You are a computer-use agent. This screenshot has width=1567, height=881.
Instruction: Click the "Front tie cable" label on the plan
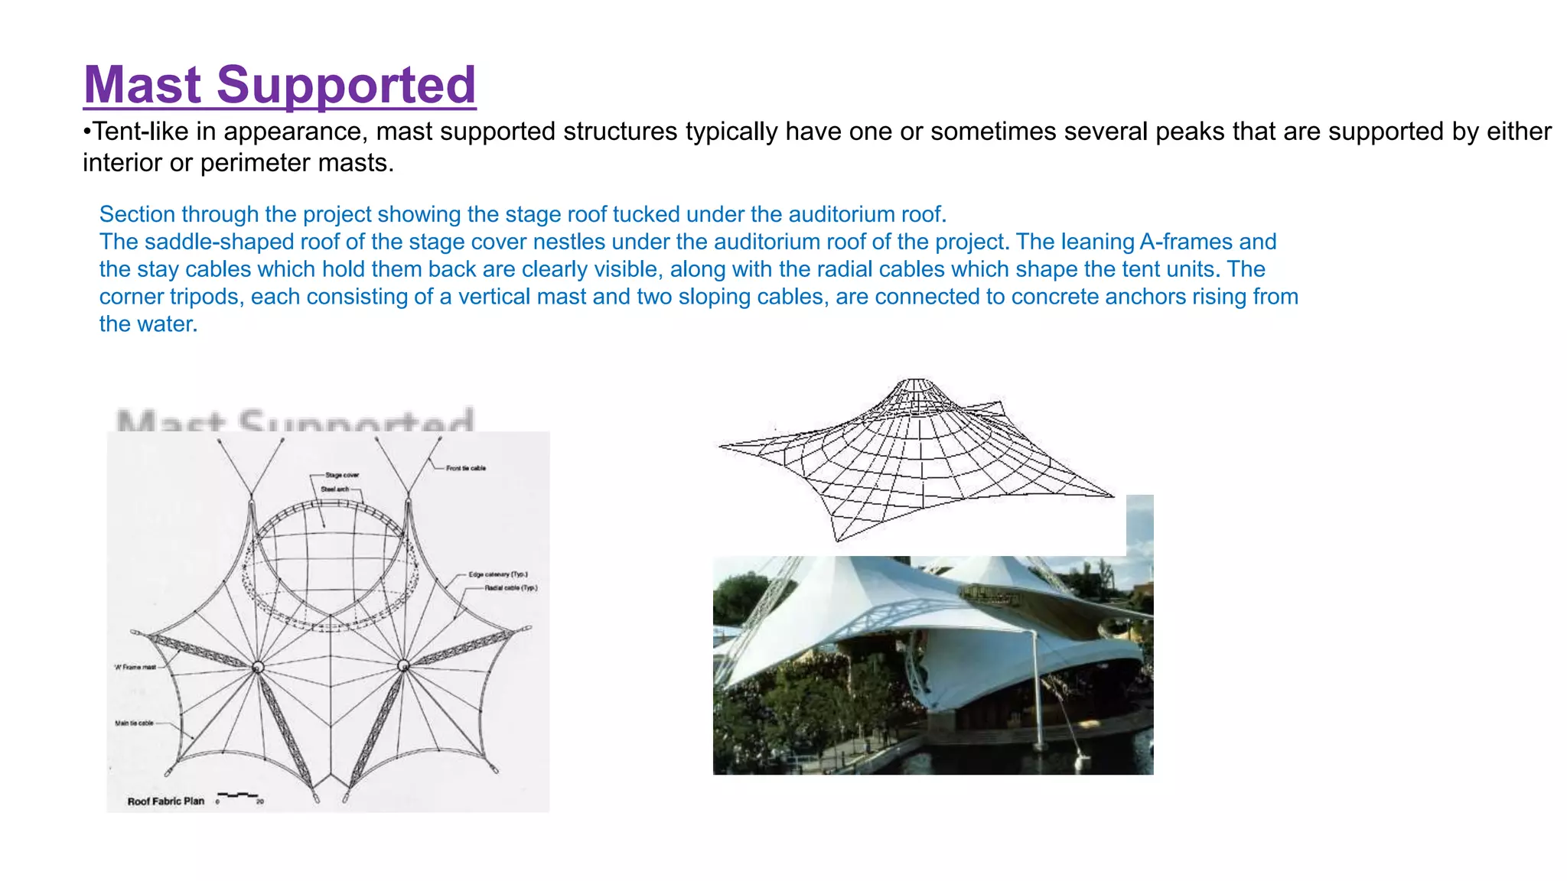coord(465,468)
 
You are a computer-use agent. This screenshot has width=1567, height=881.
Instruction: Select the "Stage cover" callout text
coord(341,475)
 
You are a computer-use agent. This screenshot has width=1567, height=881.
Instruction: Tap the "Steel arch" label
coord(334,489)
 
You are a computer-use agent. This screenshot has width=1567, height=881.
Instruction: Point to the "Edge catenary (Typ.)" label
coord(497,574)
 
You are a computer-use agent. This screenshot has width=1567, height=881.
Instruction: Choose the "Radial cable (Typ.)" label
coord(510,588)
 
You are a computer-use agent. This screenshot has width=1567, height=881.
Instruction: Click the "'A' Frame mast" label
coord(135,667)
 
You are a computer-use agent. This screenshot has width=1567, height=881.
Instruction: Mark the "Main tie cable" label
coord(134,723)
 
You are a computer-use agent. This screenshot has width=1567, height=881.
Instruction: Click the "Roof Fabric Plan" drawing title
coord(165,801)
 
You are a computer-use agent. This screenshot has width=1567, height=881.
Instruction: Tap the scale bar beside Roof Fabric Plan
coord(239,797)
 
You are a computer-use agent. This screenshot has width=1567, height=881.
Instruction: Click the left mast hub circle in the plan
coord(258,667)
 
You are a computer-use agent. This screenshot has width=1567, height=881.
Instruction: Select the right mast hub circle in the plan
coord(403,665)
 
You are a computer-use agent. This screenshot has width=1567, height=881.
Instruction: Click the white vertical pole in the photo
coord(1037,688)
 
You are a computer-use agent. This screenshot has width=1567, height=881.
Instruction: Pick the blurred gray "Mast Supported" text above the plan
coord(295,421)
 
